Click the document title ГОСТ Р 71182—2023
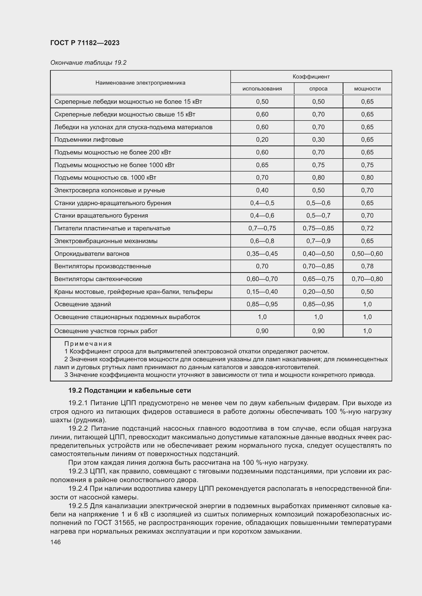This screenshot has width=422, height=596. (x=85, y=43)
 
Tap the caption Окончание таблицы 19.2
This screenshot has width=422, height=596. (x=88, y=63)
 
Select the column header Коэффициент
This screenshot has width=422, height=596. (x=311, y=77)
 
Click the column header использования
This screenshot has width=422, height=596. (x=262, y=89)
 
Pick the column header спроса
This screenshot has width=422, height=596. (x=318, y=89)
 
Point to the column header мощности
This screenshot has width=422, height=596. (x=367, y=89)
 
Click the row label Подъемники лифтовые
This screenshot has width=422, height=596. (x=89, y=140)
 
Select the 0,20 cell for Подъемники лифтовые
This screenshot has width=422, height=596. (x=262, y=140)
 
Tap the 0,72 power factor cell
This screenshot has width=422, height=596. (x=367, y=228)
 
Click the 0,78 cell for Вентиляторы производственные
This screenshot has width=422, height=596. (x=367, y=266)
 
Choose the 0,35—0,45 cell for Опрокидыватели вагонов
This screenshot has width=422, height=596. (x=262, y=254)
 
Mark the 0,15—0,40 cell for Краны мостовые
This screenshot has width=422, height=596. (x=262, y=292)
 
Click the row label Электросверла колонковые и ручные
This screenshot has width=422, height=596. (x=109, y=190)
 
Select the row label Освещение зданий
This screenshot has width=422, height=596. (x=82, y=304)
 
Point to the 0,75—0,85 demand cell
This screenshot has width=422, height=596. (x=318, y=228)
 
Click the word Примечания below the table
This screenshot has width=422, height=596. (x=88, y=344)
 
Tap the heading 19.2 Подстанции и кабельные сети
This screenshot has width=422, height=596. (x=129, y=390)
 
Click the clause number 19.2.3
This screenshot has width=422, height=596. (x=78, y=471)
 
